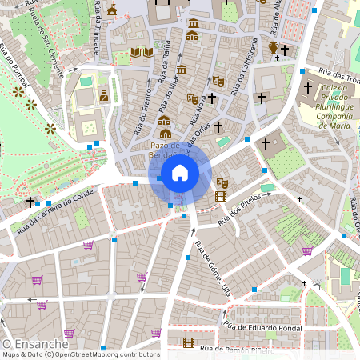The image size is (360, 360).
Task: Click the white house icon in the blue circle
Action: pyautogui.click(x=180, y=173)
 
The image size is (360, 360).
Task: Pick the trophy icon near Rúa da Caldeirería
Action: pyautogui.click(x=273, y=48)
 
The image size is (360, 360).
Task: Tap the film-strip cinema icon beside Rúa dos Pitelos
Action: pyautogui.click(x=221, y=196)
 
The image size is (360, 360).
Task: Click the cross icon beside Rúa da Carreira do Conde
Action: pyautogui.click(x=30, y=202)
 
